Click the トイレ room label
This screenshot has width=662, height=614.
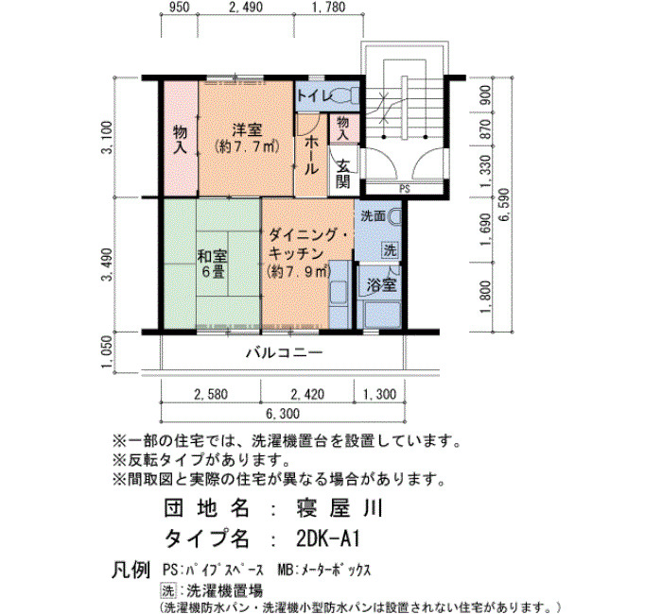[x=315, y=96]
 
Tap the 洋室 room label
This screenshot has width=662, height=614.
[x=247, y=129]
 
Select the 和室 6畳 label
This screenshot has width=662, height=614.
[x=213, y=264]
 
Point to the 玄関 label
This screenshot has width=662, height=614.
[x=343, y=174]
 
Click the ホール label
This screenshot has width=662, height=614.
[x=311, y=155]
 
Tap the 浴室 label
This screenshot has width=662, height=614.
[x=381, y=285]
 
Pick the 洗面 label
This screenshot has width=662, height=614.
[x=374, y=216]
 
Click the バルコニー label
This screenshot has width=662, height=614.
[x=285, y=352]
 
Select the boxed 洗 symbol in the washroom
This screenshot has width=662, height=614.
[x=390, y=249]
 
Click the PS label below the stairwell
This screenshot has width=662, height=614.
[x=405, y=189]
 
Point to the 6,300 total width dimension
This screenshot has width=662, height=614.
[x=283, y=414]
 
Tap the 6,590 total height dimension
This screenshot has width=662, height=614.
[x=503, y=205]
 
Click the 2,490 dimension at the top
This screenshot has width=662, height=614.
[x=245, y=8]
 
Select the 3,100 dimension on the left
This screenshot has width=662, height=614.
[x=107, y=138]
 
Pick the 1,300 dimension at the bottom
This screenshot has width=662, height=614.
[x=379, y=394]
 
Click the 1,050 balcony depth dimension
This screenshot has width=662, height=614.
[x=107, y=351]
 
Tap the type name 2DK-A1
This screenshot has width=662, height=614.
[x=327, y=538]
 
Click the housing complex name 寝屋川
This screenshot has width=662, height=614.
[x=340, y=508]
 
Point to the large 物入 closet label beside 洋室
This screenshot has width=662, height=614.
[x=181, y=139]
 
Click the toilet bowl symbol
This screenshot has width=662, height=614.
[x=347, y=95]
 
